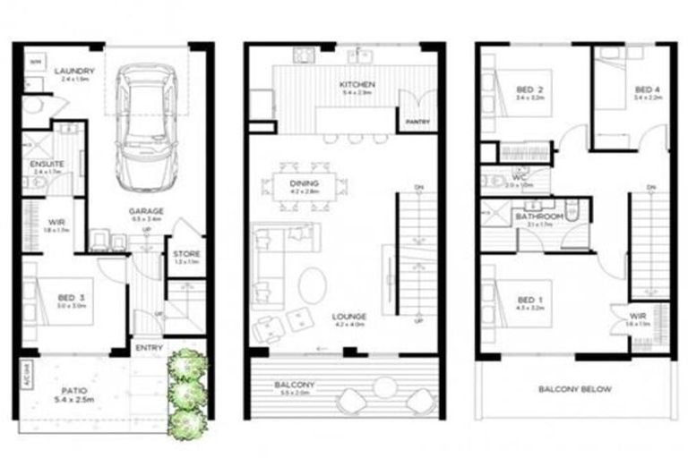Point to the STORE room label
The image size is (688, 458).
(x=186, y=254)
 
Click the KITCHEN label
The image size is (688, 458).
(x=356, y=86)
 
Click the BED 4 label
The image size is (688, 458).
(x=648, y=89)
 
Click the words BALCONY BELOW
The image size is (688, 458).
(x=574, y=388)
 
